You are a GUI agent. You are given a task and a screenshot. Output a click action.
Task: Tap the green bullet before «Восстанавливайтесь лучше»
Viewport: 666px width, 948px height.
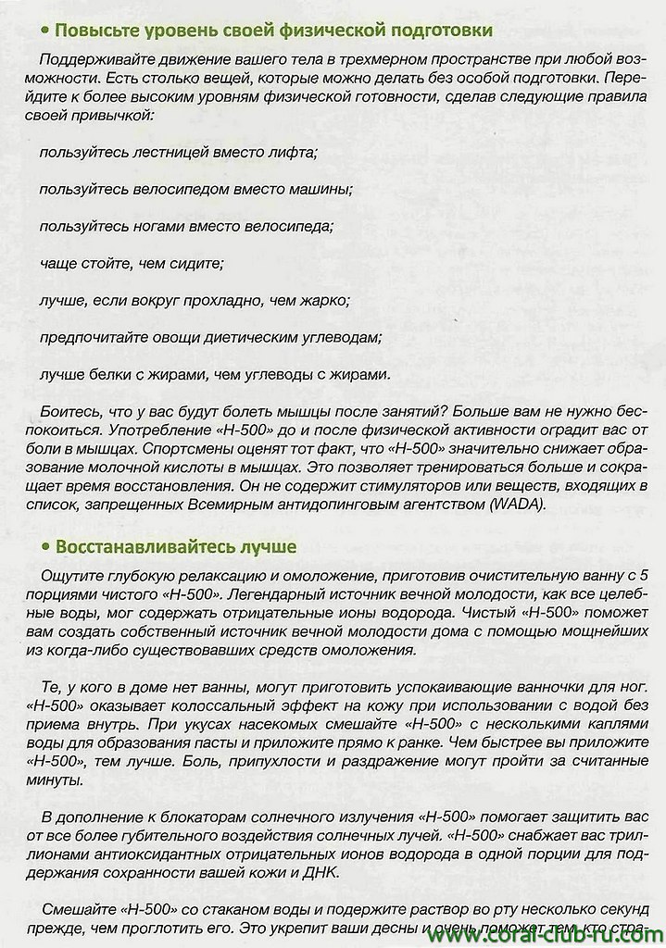(x=44, y=547)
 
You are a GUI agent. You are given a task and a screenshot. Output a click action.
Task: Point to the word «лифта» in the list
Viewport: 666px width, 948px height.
(x=292, y=152)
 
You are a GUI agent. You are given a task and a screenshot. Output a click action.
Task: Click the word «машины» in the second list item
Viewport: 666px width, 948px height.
(x=320, y=189)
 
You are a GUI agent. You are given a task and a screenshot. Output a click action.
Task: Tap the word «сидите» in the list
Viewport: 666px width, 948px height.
(x=196, y=263)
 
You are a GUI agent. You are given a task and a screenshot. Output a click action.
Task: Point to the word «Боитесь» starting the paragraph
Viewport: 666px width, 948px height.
(x=71, y=411)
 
